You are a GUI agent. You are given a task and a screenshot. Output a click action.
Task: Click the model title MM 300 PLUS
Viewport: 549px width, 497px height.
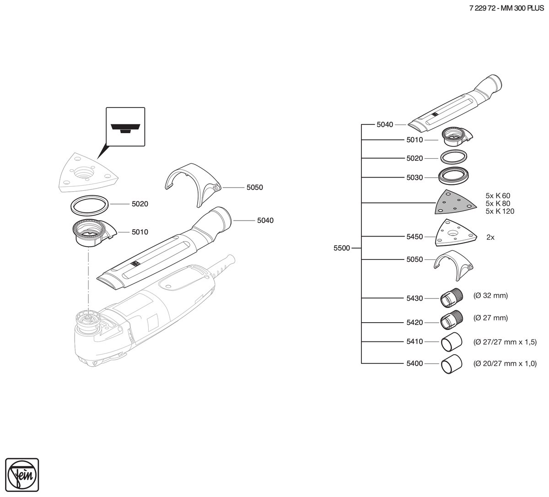[x=522, y=8]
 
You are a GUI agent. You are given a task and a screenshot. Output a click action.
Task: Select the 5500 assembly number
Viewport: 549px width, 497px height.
[x=342, y=248]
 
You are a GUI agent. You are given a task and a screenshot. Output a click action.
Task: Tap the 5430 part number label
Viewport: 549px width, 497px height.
[x=414, y=298]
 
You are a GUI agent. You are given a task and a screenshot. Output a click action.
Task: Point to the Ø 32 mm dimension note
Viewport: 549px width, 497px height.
[x=490, y=296]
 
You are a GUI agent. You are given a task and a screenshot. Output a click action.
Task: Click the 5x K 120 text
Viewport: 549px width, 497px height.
[x=500, y=211]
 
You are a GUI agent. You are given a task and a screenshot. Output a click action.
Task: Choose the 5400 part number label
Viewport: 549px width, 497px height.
[x=414, y=363]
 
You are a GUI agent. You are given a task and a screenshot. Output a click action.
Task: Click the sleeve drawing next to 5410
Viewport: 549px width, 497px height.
[x=452, y=342]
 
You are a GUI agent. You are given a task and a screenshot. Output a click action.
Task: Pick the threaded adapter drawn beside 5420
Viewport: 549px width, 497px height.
[x=452, y=320]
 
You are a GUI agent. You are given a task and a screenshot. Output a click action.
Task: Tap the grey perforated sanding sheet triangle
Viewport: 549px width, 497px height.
[x=453, y=202]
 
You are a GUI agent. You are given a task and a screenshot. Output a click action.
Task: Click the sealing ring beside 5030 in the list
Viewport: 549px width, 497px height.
[x=453, y=176]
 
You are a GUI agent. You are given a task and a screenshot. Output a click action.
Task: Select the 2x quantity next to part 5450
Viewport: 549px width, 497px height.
[x=490, y=237]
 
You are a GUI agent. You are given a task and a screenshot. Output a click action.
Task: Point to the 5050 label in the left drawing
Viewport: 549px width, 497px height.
[x=254, y=187]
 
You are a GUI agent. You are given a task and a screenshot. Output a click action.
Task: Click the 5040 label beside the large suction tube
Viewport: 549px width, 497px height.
[x=265, y=221]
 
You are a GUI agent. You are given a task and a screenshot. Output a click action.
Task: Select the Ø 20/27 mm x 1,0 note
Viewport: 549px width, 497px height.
[x=505, y=363]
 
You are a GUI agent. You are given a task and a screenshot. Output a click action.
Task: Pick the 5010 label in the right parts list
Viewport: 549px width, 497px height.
[x=414, y=140]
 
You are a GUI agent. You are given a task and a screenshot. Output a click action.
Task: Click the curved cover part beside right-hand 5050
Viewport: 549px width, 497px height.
[x=453, y=265]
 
